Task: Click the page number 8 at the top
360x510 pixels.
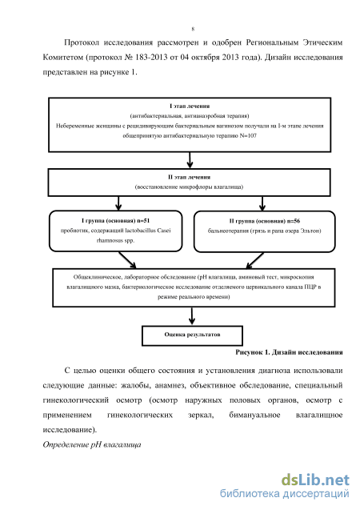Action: [x=193, y=29]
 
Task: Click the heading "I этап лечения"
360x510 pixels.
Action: [x=190, y=106]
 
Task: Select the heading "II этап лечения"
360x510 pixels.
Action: [x=189, y=177]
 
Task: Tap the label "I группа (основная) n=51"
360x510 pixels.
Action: [x=116, y=221]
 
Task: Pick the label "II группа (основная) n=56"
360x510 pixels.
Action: [x=265, y=221]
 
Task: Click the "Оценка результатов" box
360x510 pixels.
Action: [x=192, y=335]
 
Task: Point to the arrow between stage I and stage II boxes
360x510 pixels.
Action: [x=190, y=160]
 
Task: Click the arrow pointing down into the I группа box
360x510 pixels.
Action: [x=118, y=203]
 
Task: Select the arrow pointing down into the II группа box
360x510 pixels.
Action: [x=262, y=203]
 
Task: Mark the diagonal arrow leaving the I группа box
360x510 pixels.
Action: [x=127, y=260]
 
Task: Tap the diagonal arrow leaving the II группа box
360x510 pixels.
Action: [x=254, y=260]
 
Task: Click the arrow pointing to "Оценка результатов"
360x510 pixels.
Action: [x=192, y=316]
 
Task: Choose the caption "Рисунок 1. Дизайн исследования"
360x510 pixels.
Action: [x=289, y=352]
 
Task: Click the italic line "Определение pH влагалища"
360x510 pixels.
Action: [x=92, y=444]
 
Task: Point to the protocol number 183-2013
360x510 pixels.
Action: [x=151, y=58]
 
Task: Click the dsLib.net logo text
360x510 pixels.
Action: [x=315, y=480]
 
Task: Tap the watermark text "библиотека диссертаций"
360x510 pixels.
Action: [x=285, y=494]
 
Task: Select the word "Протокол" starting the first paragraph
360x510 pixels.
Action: [x=82, y=42]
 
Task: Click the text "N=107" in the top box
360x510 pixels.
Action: [x=248, y=135]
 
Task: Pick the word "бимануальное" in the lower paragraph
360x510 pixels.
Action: [x=254, y=415]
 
